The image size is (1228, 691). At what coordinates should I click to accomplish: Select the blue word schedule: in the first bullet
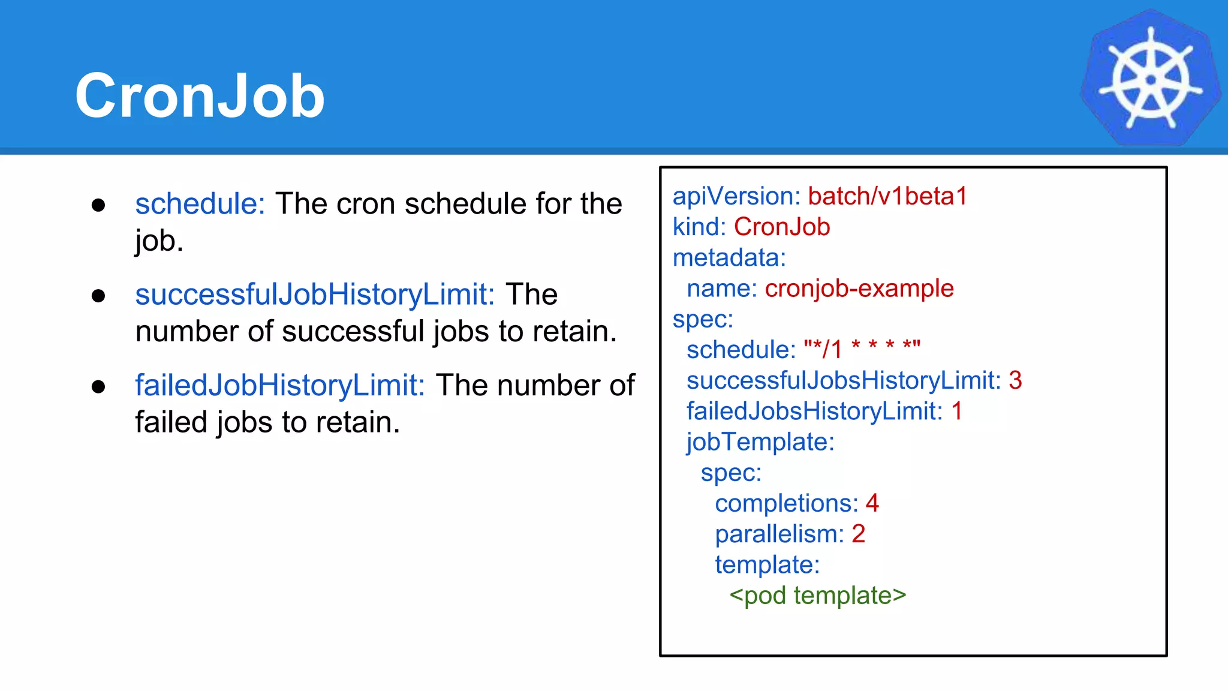(x=200, y=204)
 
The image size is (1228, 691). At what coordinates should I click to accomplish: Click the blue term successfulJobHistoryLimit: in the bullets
(x=315, y=295)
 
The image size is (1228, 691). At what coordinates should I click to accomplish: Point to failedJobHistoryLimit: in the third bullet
(x=279, y=385)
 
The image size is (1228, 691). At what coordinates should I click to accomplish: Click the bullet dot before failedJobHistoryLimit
(x=98, y=387)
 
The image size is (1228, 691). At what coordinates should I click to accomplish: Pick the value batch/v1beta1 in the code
(x=887, y=196)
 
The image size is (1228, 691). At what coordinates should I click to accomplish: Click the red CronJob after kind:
(x=782, y=227)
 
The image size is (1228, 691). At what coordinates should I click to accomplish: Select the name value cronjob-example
(x=859, y=289)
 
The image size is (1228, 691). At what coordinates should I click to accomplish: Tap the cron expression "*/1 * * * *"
(x=862, y=348)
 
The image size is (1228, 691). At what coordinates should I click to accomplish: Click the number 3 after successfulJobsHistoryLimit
(x=1015, y=380)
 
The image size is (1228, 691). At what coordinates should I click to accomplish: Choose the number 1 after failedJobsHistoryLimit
(x=957, y=411)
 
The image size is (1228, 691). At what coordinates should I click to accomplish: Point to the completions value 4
(x=872, y=503)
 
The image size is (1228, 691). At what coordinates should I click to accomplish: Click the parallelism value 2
(x=858, y=534)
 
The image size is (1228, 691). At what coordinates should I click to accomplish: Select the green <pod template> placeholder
(x=817, y=596)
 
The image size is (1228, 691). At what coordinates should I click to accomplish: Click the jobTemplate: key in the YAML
(x=760, y=442)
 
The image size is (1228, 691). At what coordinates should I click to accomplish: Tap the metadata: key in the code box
(x=729, y=258)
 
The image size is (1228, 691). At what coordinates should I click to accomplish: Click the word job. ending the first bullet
(x=159, y=242)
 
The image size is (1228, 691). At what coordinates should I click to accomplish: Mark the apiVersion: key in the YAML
(x=736, y=196)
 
